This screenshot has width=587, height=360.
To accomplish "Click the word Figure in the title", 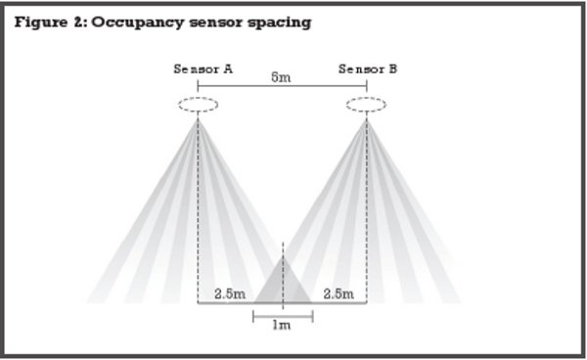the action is (x=41, y=22).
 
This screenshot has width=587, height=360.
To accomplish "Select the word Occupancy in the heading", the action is (x=137, y=23).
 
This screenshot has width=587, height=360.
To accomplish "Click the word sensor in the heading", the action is (x=215, y=23).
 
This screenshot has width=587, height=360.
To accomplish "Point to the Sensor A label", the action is (x=203, y=69).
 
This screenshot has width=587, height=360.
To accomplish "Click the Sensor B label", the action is (x=368, y=69).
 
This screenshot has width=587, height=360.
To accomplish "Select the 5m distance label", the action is (x=281, y=77).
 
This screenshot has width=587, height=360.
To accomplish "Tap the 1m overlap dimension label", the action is (x=281, y=325).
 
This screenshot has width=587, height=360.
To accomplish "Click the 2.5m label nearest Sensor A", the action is (x=230, y=293).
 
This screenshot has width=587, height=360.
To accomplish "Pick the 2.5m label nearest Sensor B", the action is (x=339, y=293).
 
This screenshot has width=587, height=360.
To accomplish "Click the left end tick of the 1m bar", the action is (x=253, y=316).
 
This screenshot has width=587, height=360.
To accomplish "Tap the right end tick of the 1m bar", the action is (x=313, y=316).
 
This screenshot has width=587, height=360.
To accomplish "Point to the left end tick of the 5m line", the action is (x=198, y=86).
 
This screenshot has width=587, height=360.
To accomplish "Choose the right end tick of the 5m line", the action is (x=367, y=86).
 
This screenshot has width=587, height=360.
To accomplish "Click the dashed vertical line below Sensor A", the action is (x=198, y=211).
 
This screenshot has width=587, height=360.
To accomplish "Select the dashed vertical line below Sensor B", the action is (x=367, y=211).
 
